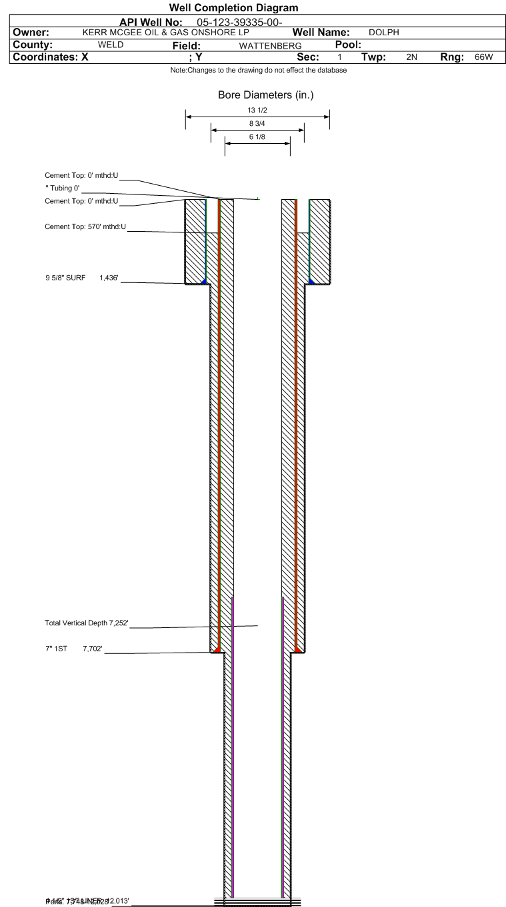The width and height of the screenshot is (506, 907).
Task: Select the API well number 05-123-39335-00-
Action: tap(245, 23)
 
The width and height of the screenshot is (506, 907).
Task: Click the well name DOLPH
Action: tap(383, 33)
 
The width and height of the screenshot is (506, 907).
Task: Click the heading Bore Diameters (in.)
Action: tap(265, 95)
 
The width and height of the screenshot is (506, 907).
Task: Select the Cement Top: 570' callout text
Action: tap(81, 227)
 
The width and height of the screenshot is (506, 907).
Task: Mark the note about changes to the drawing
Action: tap(259, 71)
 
